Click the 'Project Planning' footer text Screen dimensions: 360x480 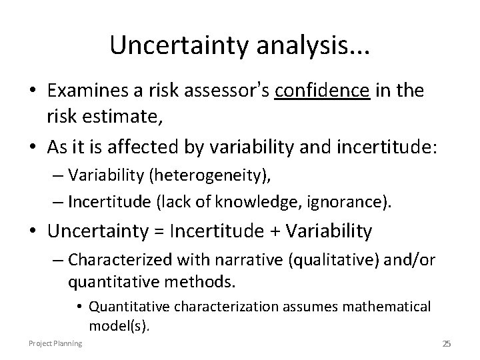(55, 343)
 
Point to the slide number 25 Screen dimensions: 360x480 (447, 343)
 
